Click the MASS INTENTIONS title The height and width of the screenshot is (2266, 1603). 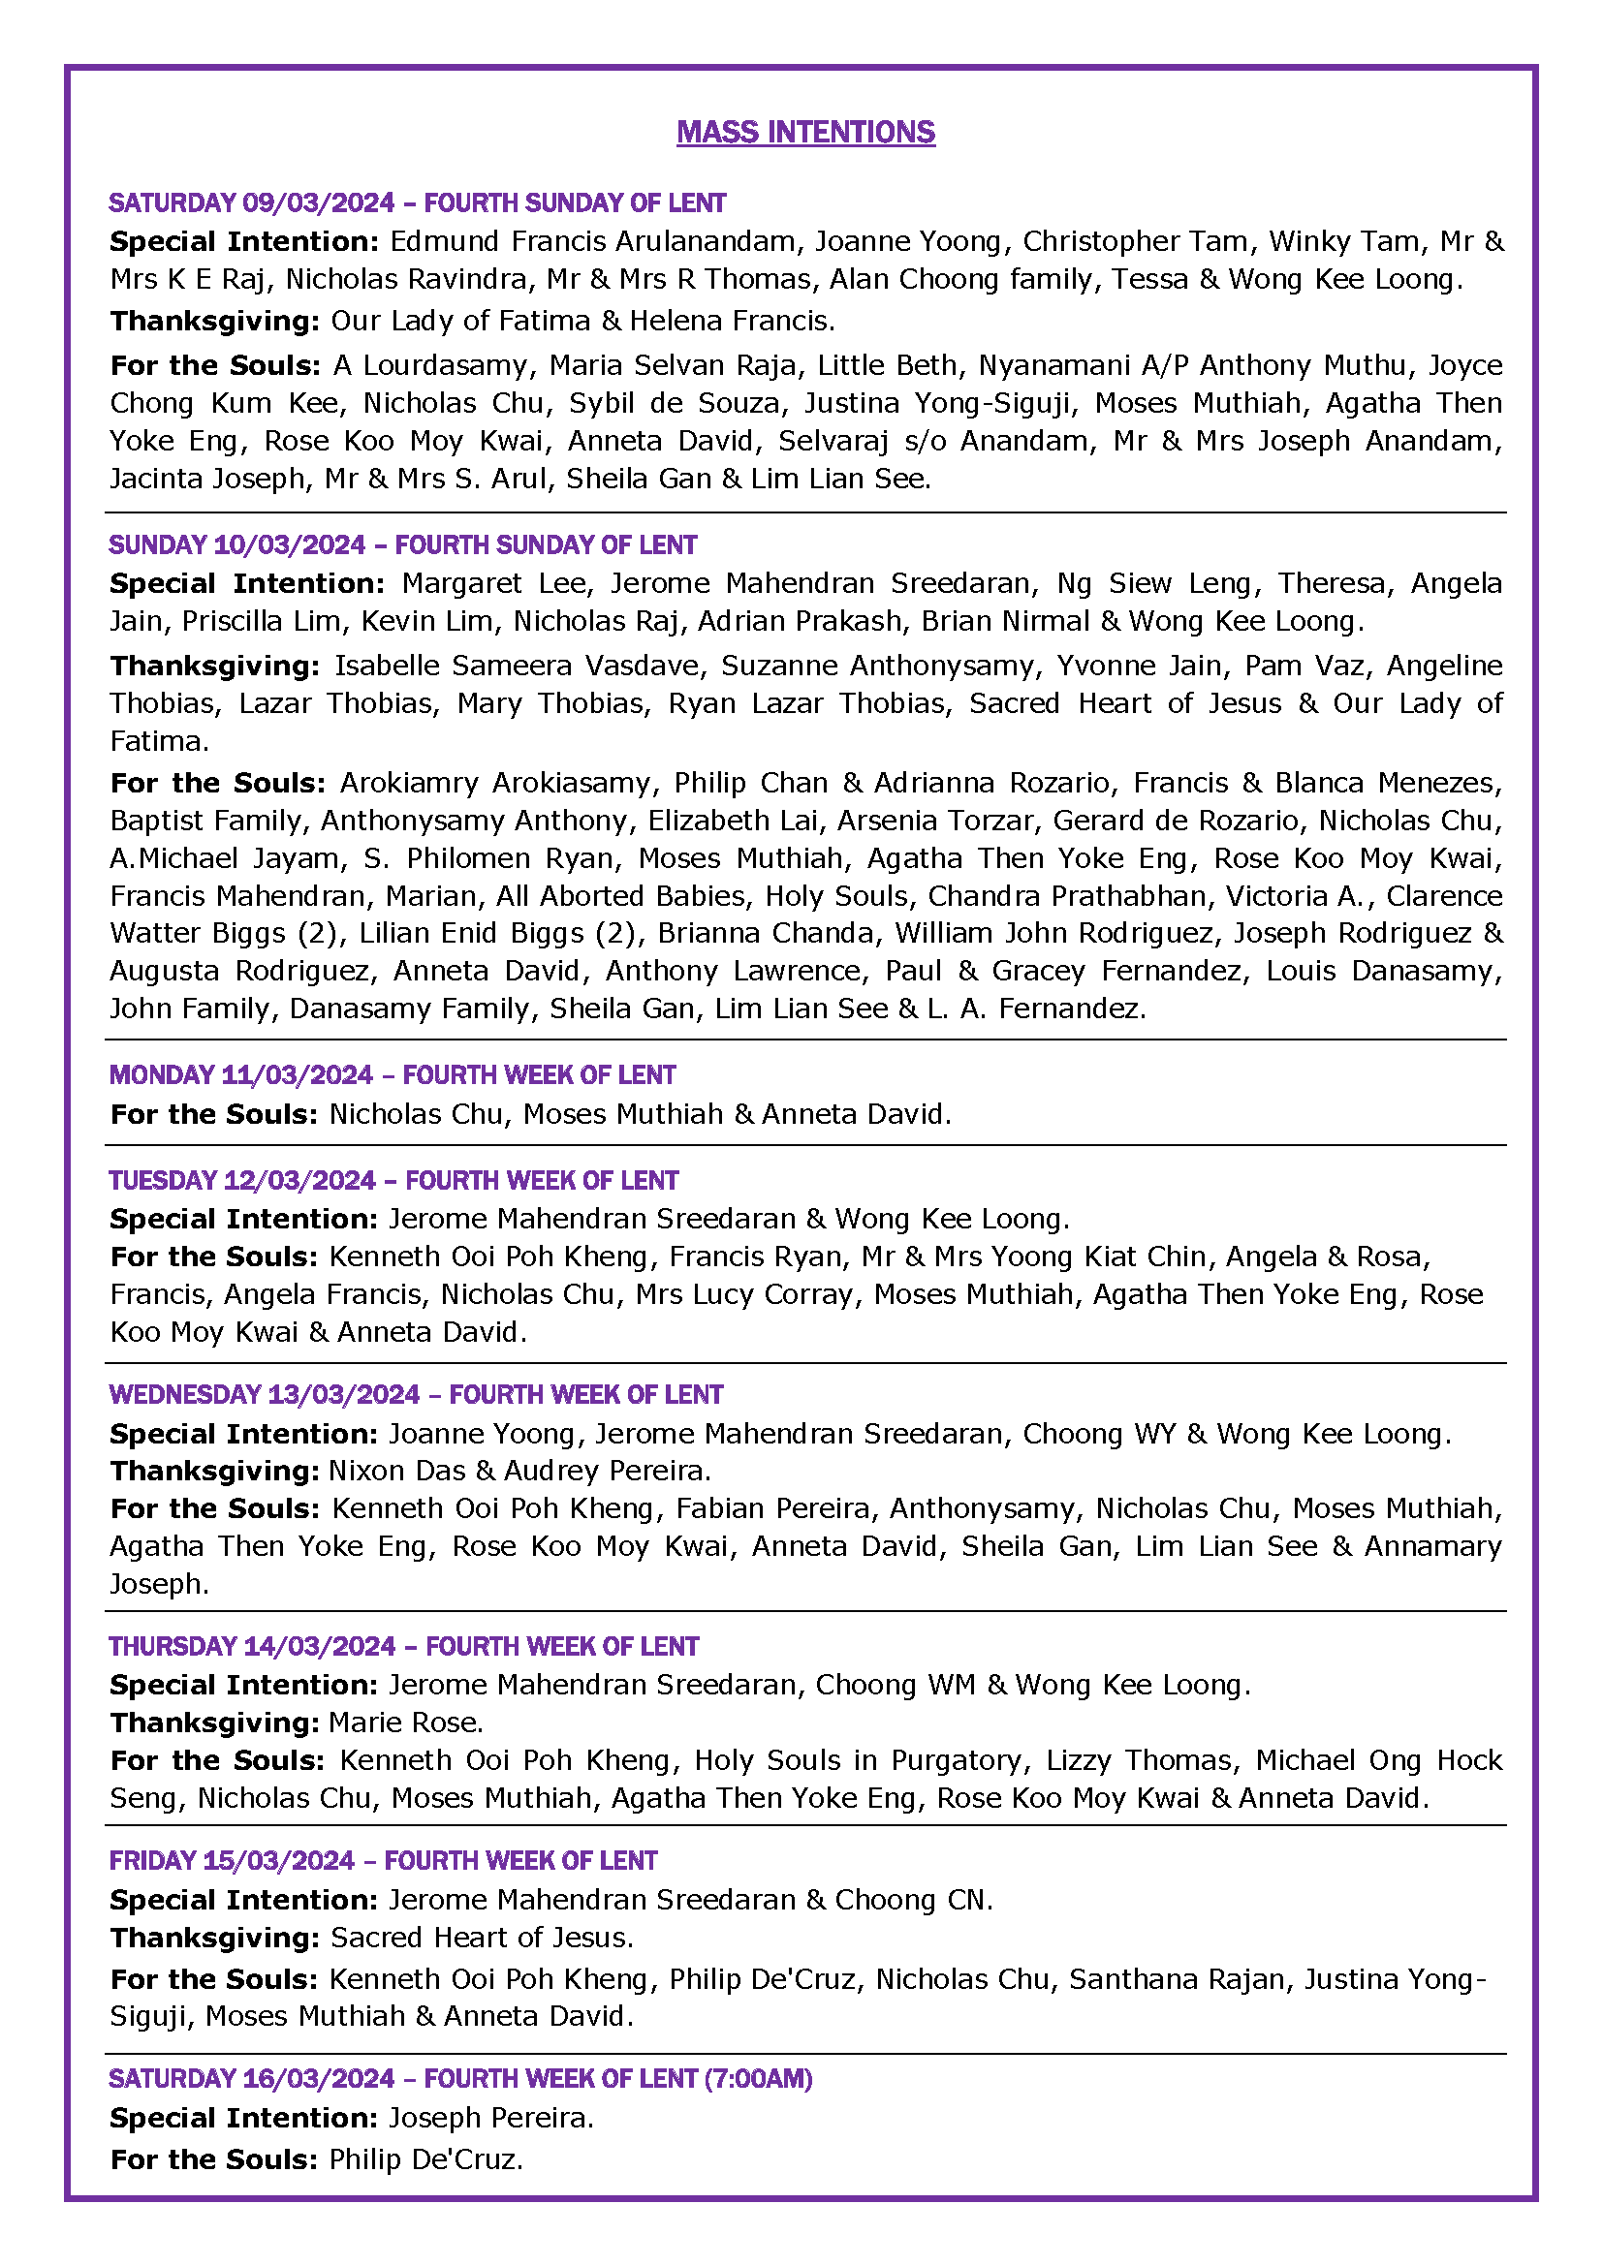[x=805, y=133]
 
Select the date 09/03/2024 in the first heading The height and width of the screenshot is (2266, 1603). [x=318, y=203]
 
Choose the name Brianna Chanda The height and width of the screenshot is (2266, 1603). [x=766, y=934]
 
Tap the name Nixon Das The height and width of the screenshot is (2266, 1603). [x=396, y=1472]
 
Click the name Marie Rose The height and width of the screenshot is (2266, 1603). [x=405, y=1723]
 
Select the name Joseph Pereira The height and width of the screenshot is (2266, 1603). [x=490, y=2118]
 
